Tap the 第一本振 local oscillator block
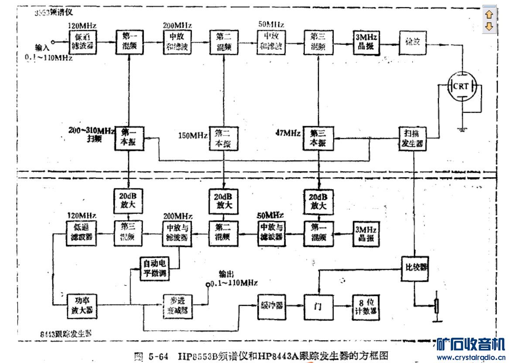click(x=129, y=138)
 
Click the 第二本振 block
click(x=223, y=138)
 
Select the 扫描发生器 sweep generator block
click(x=412, y=138)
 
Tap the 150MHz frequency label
click(x=192, y=136)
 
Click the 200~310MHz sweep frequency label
click(x=91, y=130)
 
